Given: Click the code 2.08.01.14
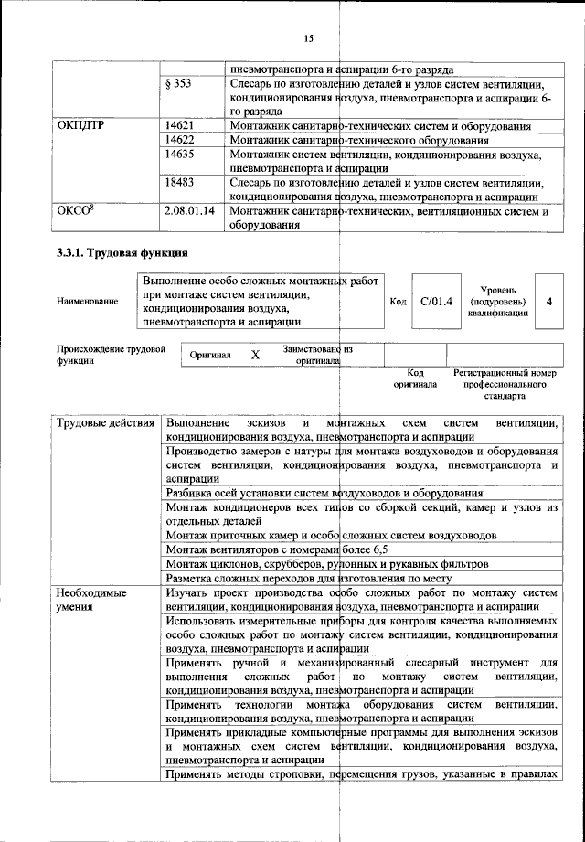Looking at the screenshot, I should (189, 212).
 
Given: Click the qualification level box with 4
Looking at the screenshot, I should (548, 300).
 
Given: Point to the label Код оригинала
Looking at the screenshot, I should (415, 378).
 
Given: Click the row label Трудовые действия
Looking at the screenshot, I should (105, 423).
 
